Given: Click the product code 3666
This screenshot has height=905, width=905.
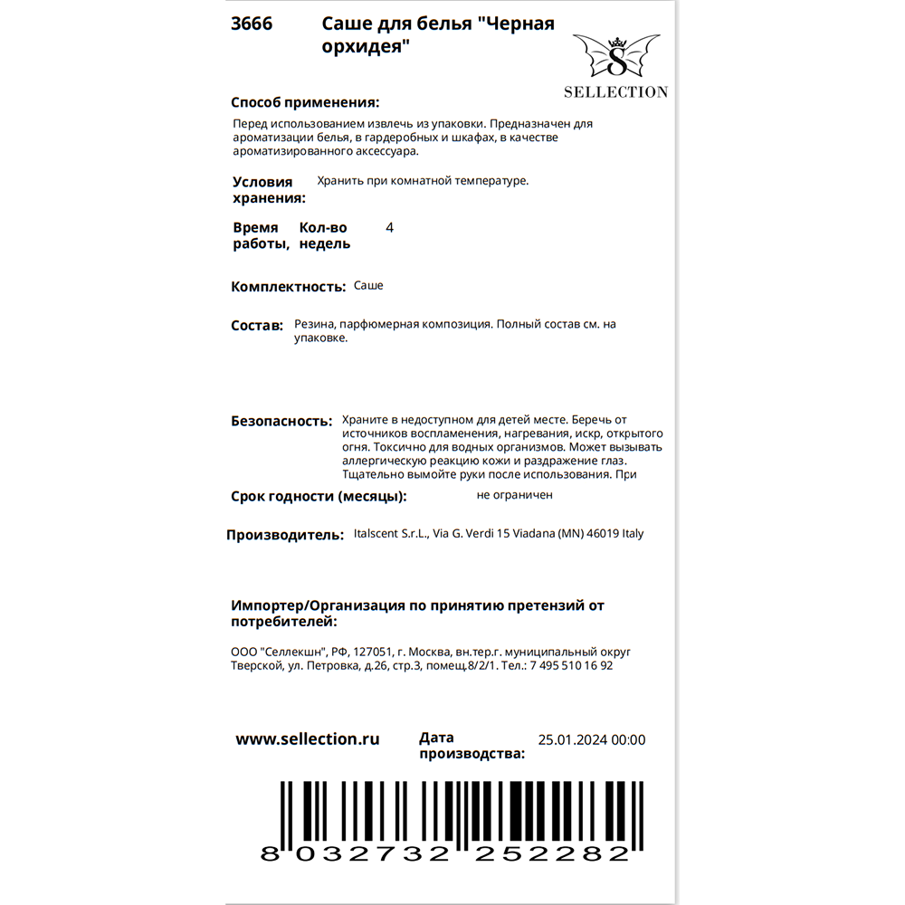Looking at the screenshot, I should coord(252,24).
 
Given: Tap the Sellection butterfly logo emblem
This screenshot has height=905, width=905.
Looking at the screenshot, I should coord(615,57).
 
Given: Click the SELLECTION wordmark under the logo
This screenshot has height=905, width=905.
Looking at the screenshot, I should coord(615,91).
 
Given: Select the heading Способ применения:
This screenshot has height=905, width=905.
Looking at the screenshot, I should coord(305,102).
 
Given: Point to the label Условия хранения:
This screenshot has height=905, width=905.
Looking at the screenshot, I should coord(269,190).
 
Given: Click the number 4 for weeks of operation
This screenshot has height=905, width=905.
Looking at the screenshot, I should coord(389,228).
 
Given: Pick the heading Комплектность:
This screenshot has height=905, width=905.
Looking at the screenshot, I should coord(289,287).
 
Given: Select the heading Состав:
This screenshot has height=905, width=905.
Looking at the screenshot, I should coord(257,325).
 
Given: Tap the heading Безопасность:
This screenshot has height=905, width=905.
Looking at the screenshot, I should coord(282,421).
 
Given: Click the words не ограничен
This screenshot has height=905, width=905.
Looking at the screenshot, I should coord(514,495).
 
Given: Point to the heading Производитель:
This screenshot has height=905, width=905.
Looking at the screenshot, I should coord(284,535).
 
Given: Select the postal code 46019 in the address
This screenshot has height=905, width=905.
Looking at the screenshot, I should coord(598,534).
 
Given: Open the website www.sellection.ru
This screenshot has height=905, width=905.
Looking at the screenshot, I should coord(308,739).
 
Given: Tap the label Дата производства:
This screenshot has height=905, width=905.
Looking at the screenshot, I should coord(472,746).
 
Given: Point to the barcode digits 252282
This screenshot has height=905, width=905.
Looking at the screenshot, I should coord(556,853).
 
